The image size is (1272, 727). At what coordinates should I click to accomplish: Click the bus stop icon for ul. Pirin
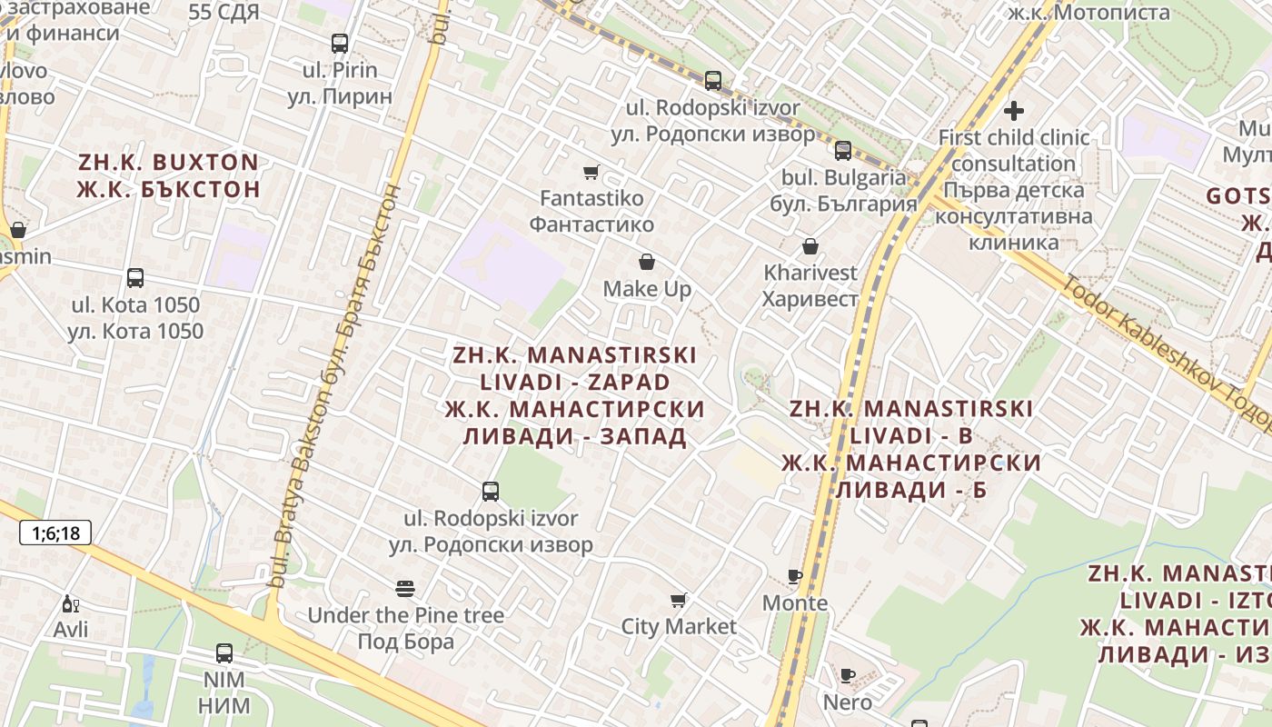340,43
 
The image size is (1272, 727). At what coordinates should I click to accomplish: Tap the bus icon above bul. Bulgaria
843,150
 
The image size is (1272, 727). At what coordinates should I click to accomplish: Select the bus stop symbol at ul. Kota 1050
135,278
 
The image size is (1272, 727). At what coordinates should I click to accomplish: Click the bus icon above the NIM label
224,652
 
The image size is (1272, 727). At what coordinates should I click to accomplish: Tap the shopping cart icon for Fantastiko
591,172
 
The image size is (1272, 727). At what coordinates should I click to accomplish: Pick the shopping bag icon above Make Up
647,263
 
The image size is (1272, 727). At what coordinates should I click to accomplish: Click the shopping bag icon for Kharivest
810,246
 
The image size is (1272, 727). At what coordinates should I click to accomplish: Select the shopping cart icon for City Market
678,600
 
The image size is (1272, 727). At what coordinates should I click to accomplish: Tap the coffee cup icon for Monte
795,576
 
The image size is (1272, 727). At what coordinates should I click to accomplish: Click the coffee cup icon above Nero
847,675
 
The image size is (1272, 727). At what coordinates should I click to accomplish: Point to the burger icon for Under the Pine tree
405,589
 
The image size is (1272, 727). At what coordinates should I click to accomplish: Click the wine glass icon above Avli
70,603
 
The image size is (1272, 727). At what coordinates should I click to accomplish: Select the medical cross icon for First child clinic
1014,111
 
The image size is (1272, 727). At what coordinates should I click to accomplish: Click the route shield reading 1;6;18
55,533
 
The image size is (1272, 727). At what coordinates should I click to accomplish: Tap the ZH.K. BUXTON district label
168,163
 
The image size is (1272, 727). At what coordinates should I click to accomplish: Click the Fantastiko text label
591,198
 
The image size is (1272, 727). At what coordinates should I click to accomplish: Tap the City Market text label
679,626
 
